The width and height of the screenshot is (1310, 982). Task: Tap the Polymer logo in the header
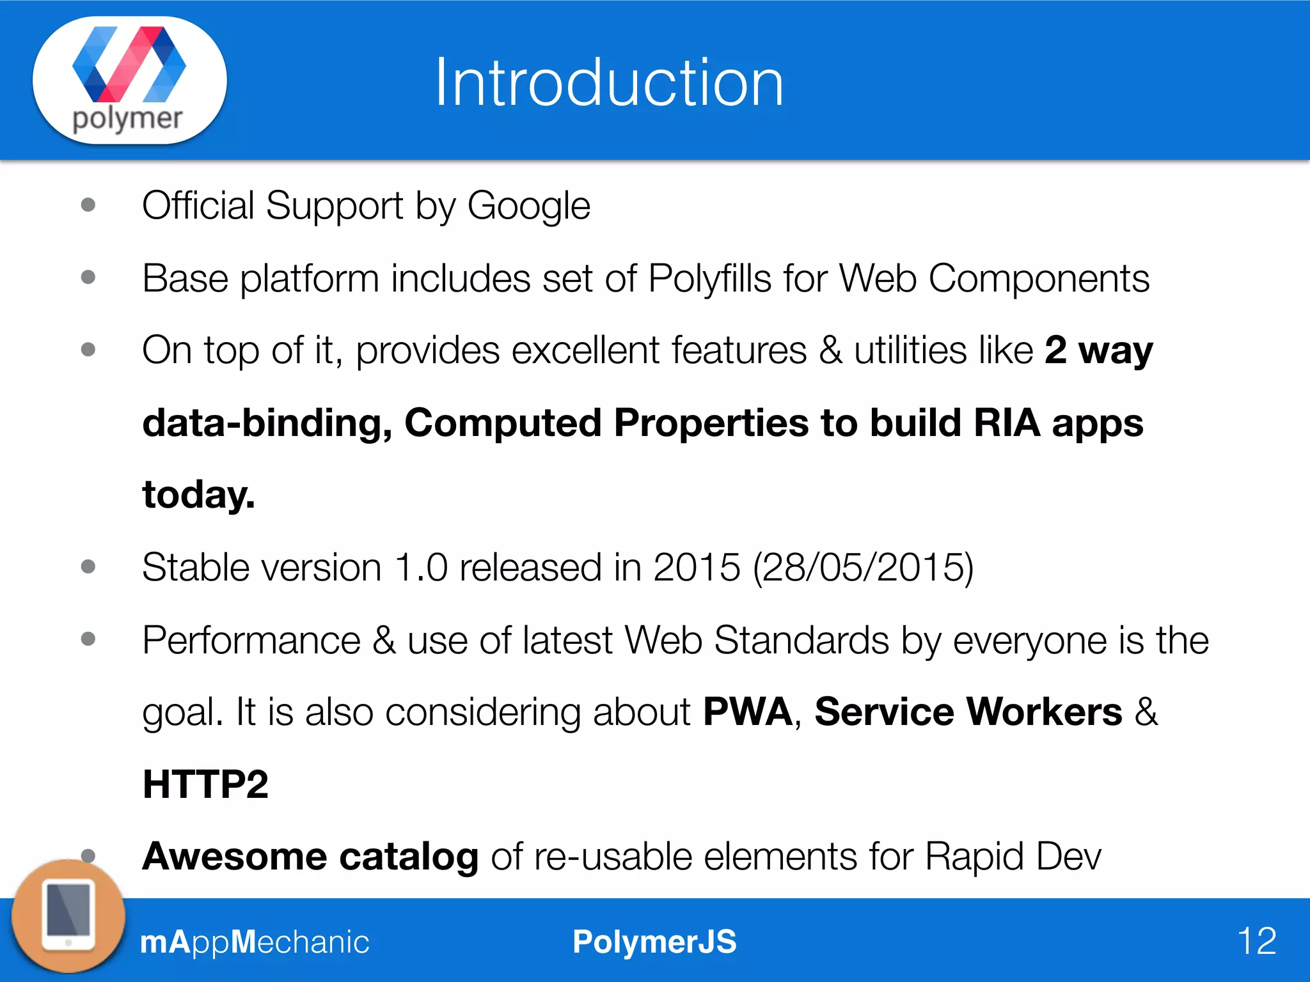pos(129,80)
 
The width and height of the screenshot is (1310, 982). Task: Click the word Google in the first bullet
pos(528,207)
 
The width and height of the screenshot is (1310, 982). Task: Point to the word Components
pos(1038,279)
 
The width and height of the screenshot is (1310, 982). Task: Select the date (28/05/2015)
pos(863,567)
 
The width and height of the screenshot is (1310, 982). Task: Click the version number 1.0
pos(421,567)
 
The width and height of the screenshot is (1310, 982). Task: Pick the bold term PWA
pos(747,712)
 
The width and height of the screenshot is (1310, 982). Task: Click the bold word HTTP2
pos(205,784)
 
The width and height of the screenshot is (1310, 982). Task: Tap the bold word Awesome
pos(234,856)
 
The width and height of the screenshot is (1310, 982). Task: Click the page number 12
pos(1256,941)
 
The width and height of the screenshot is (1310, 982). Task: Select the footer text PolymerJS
pos(654,942)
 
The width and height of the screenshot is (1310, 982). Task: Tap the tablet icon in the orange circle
pos(68,916)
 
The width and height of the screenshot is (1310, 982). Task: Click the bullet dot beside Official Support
pos(88,205)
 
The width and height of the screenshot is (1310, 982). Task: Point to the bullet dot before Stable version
pos(88,566)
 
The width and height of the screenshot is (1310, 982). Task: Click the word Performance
pos(251,640)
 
